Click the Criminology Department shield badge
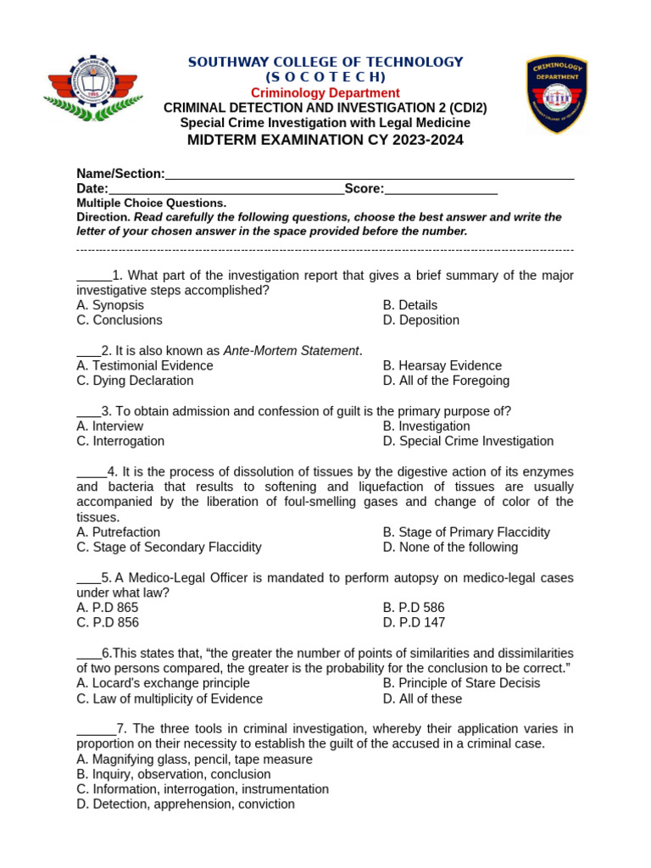(x=557, y=94)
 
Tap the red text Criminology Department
(x=325, y=92)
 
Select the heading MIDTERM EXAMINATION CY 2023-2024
(x=325, y=140)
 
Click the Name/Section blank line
(x=370, y=175)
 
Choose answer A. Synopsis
(x=110, y=305)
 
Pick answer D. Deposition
(x=420, y=320)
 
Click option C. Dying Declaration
(x=135, y=381)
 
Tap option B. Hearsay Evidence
(x=442, y=365)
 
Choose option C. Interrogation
(x=120, y=441)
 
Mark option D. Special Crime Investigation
(x=468, y=441)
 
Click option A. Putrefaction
(x=118, y=532)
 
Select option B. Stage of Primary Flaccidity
(x=466, y=532)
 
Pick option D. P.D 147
(x=414, y=622)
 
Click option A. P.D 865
(x=107, y=608)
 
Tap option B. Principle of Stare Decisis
(x=461, y=683)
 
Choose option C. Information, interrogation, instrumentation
(x=203, y=789)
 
